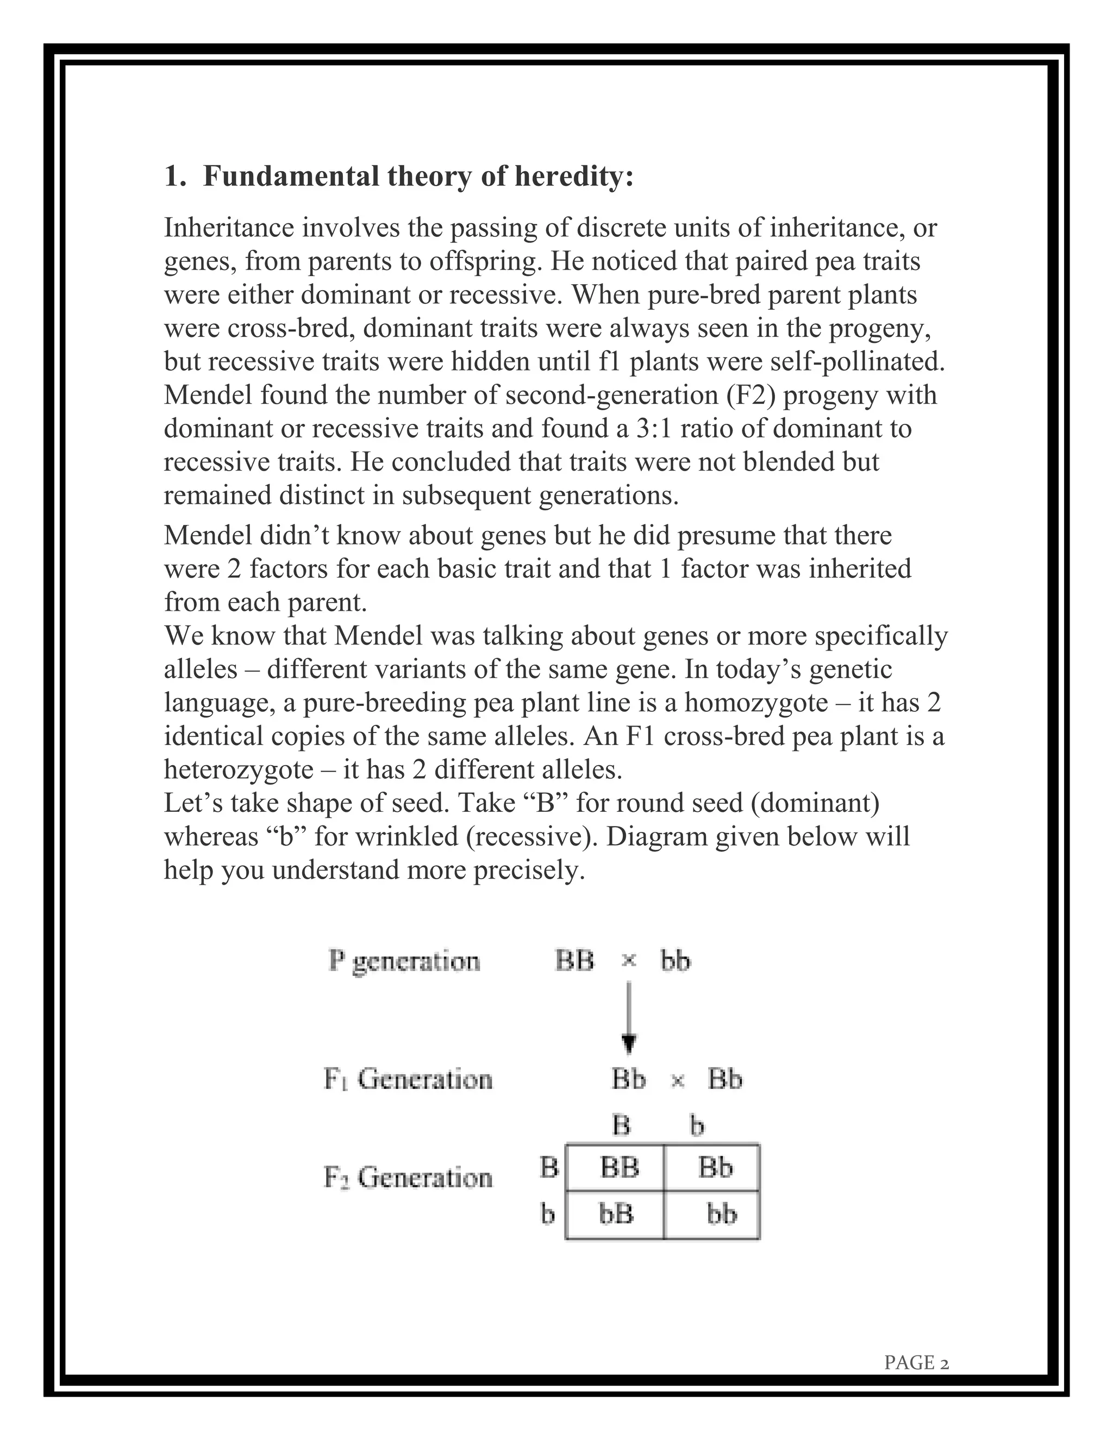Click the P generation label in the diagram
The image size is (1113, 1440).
pos(404,961)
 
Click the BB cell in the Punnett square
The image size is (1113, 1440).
pos(619,1168)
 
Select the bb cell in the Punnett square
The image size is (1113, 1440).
pos(721,1214)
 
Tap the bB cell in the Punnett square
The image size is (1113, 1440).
pos(616,1214)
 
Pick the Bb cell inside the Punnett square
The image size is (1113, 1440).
pos(715,1168)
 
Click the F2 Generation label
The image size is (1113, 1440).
pos(408,1177)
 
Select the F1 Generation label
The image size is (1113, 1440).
pos(408,1079)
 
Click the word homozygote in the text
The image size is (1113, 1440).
pos(755,703)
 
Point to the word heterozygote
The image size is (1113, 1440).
pos(239,769)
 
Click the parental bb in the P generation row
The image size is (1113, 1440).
pos(675,961)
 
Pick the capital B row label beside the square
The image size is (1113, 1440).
pos(548,1168)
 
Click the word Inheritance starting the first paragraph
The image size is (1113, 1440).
pos(229,228)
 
